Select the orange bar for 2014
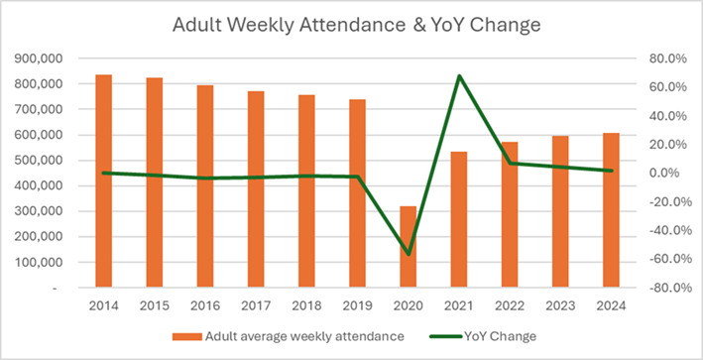tap(103, 180)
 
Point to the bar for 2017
tap(256, 189)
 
